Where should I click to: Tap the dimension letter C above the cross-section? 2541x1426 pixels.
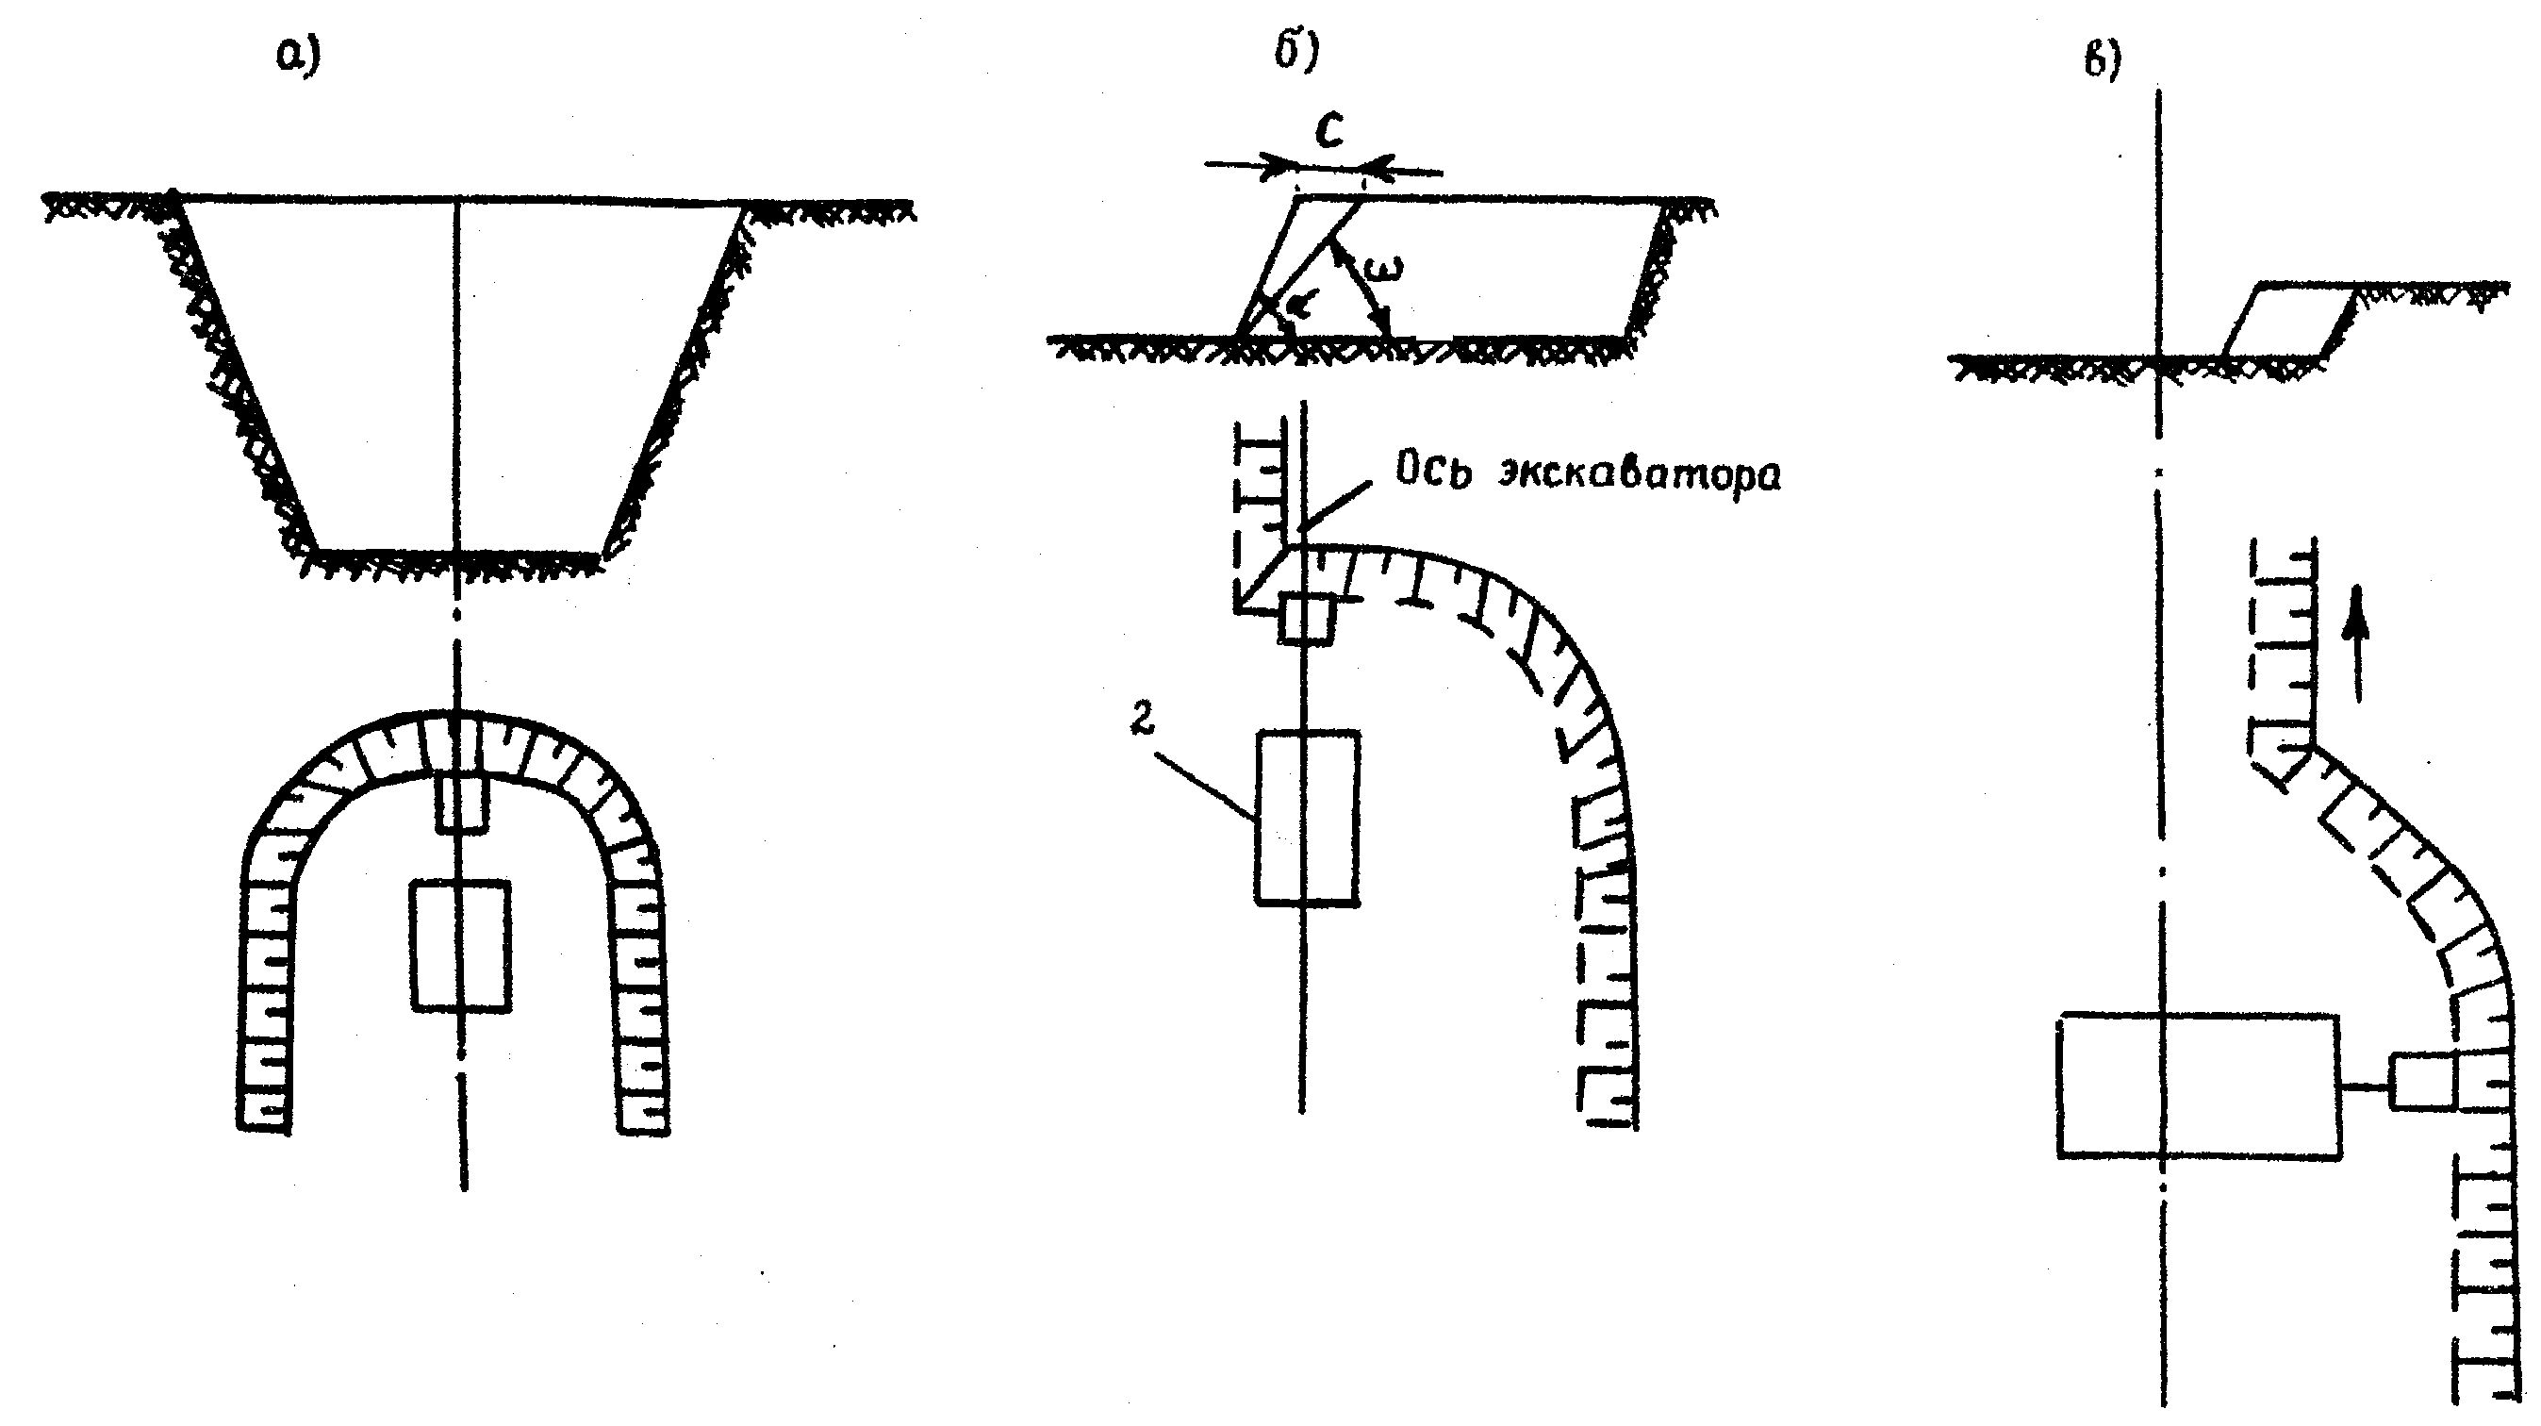point(1329,132)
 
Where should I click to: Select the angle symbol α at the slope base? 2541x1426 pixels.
point(1299,305)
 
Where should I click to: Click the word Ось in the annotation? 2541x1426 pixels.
point(1431,472)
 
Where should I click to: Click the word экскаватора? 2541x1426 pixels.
point(1641,474)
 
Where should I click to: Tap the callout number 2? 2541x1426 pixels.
point(1141,721)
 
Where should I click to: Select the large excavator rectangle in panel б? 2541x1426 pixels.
point(1307,817)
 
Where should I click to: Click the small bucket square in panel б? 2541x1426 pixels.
point(1307,619)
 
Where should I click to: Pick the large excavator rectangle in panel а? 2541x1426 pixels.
point(461,945)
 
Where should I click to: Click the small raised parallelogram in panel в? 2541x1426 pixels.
point(2289,320)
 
